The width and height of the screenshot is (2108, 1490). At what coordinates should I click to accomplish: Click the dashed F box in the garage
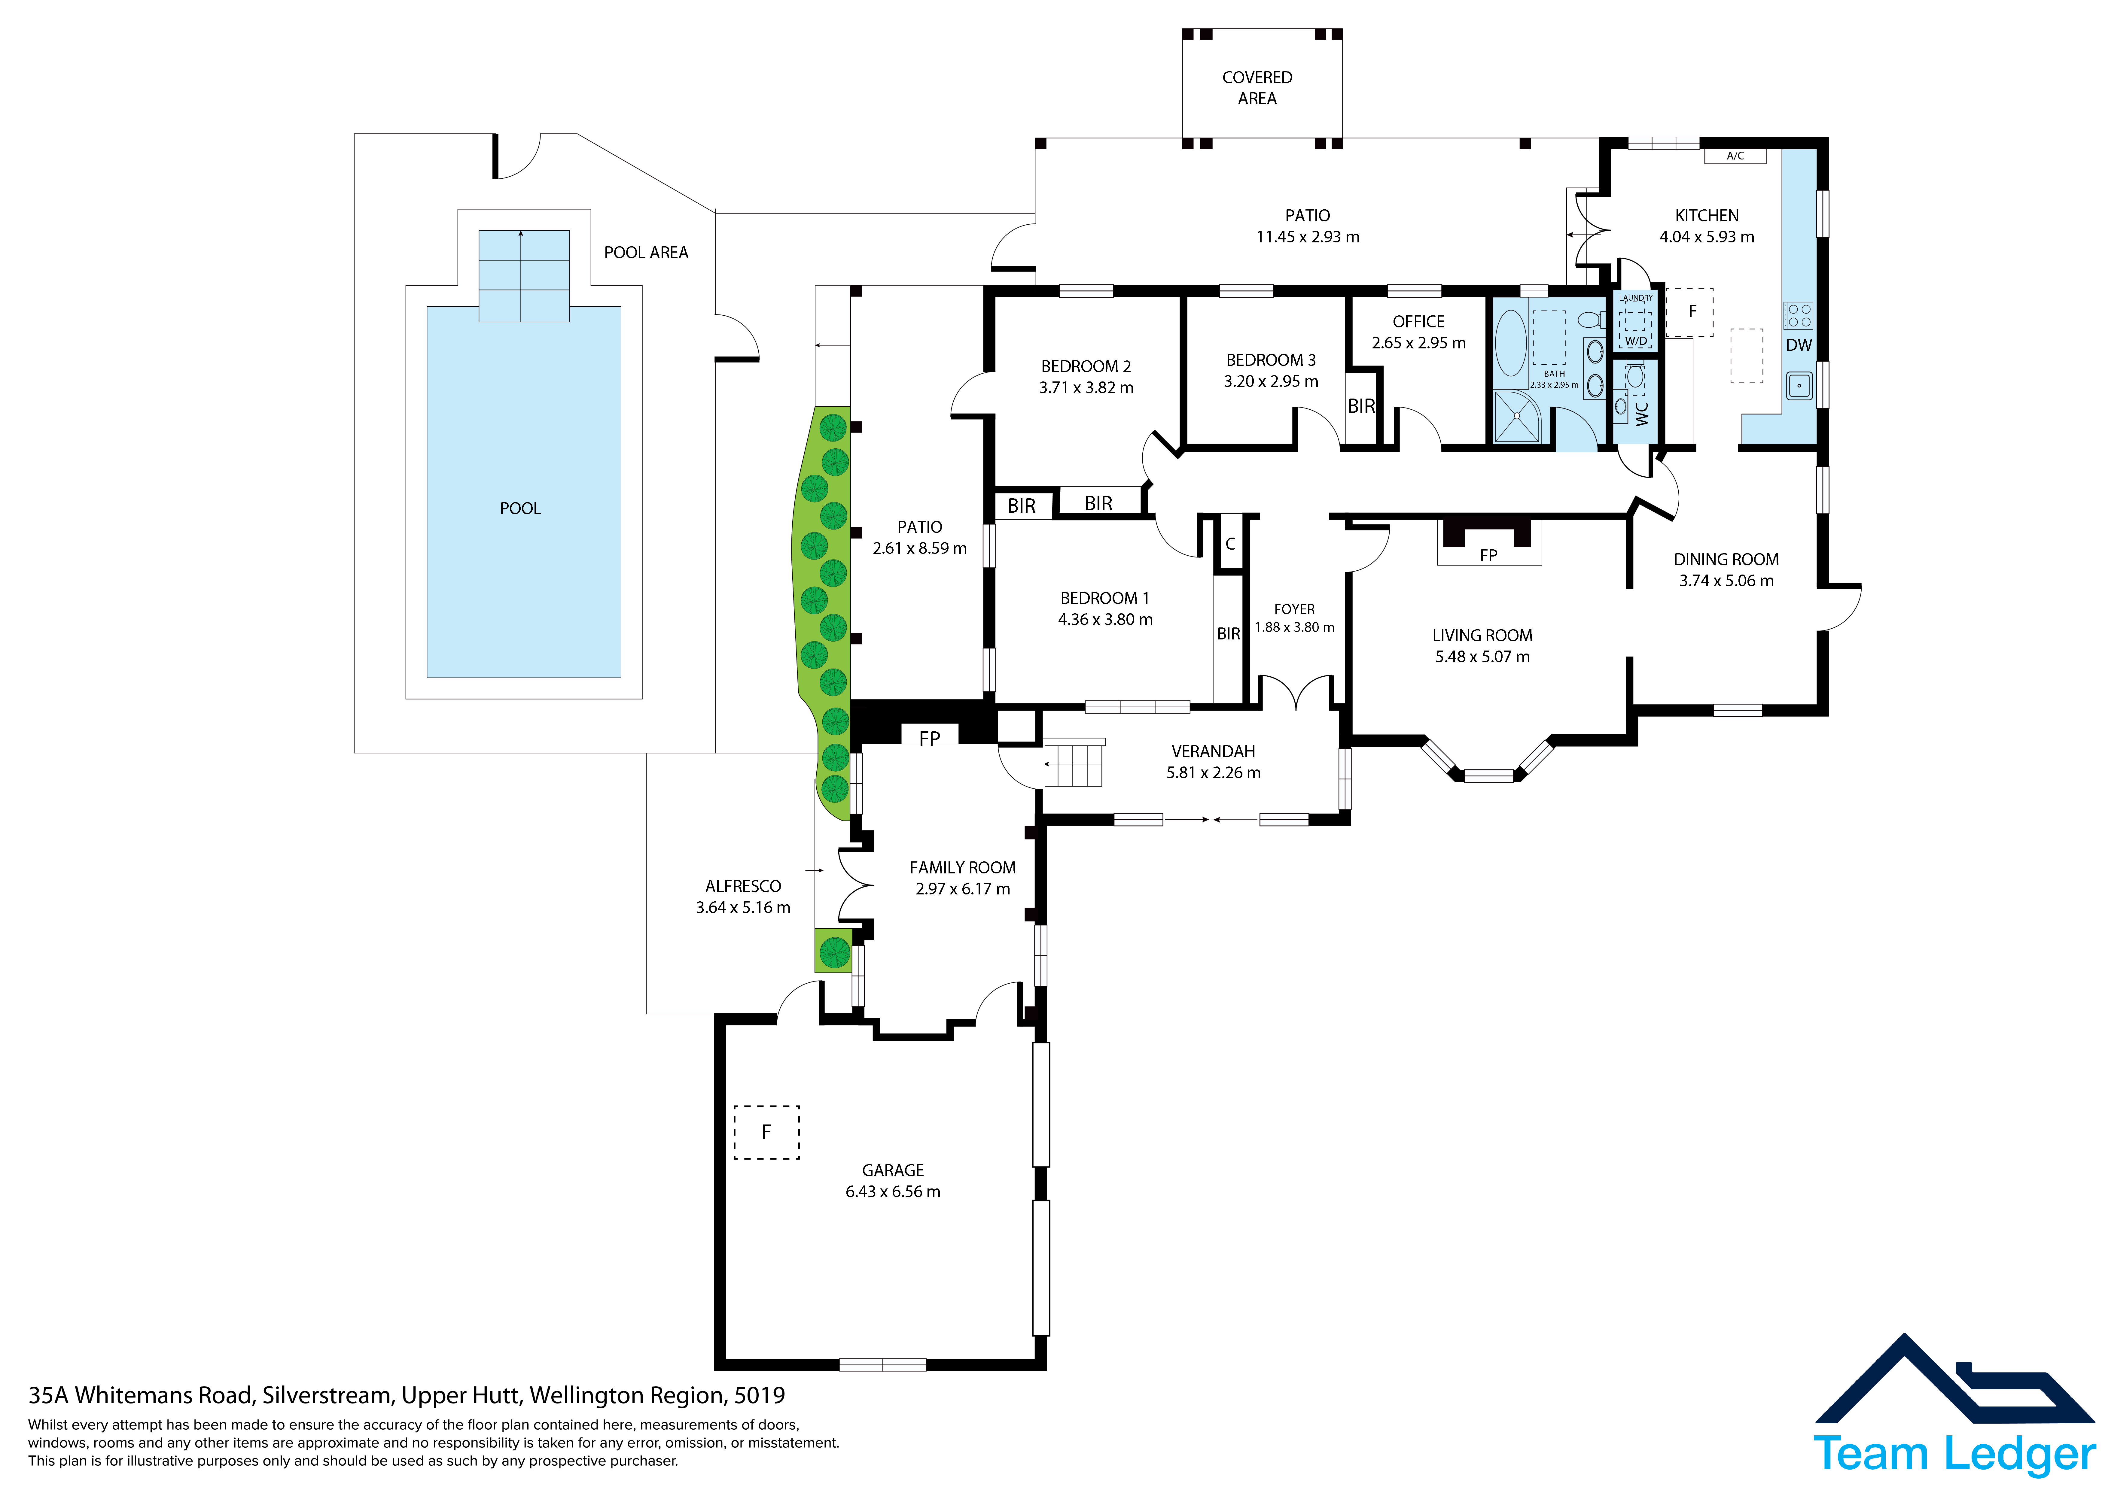pos(767,1132)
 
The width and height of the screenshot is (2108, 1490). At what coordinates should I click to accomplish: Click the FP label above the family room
pos(929,738)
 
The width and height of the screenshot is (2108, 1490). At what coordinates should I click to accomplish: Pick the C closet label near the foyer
pos(1230,544)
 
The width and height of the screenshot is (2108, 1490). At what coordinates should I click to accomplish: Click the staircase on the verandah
pos(1072,762)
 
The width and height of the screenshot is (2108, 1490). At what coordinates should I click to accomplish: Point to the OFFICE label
pos(1418,321)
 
